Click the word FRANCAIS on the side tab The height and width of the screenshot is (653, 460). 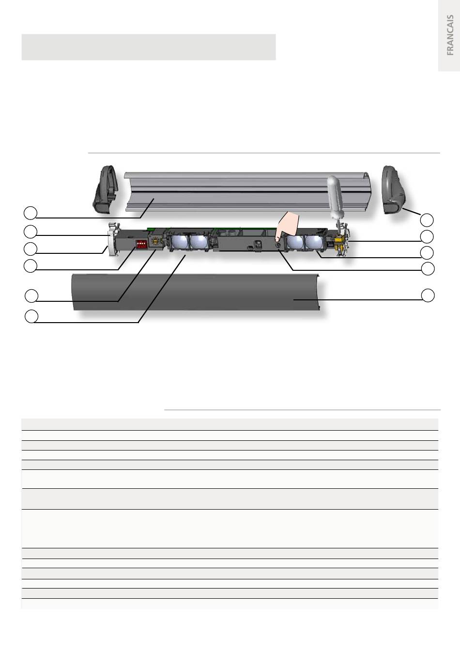[x=450, y=35]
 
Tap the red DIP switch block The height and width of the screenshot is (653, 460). [x=141, y=244]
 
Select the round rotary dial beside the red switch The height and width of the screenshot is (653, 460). [x=156, y=241]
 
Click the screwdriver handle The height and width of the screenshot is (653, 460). [x=334, y=198]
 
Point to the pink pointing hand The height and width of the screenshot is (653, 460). [x=287, y=225]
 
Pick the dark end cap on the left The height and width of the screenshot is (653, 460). [x=106, y=189]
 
